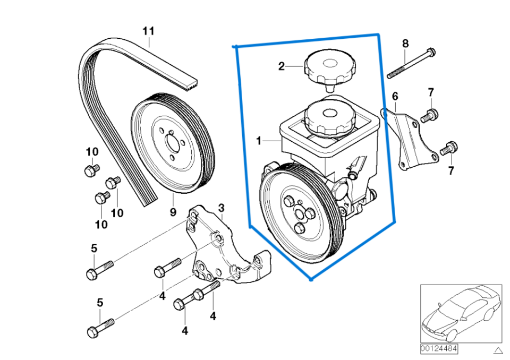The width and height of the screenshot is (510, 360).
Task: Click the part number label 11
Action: [x=148, y=31]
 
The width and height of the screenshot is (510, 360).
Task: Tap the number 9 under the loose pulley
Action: [x=173, y=212]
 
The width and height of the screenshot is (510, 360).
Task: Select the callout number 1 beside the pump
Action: [x=259, y=141]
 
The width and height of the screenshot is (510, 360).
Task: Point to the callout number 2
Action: [x=282, y=66]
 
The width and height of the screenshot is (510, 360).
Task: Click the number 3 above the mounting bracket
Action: [x=221, y=207]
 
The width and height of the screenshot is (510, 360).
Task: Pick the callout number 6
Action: [x=395, y=96]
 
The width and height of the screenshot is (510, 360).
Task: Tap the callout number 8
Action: [x=405, y=43]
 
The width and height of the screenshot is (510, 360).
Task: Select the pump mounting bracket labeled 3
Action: [x=223, y=252]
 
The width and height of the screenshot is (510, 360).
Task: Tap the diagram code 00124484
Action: [x=439, y=348]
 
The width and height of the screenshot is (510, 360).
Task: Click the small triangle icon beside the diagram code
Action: [x=497, y=350]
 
